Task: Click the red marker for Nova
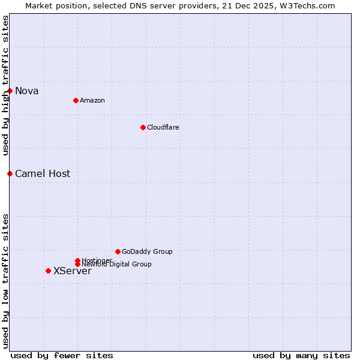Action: click(10, 91)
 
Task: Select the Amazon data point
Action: click(76, 100)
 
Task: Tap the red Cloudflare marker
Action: click(143, 127)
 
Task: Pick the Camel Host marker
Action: click(10, 173)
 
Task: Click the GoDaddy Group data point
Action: click(118, 251)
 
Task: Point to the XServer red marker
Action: click(48, 271)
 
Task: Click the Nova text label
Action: click(27, 91)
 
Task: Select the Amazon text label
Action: click(92, 100)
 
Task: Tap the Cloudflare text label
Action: click(163, 127)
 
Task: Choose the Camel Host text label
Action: click(43, 174)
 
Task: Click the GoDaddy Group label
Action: click(147, 251)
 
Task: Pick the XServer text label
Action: click(73, 271)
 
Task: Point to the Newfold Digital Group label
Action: click(117, 264)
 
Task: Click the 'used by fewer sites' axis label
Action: click(62, 355)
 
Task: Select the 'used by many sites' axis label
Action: click(301, 355)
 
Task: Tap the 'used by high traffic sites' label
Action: click(5, 85)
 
